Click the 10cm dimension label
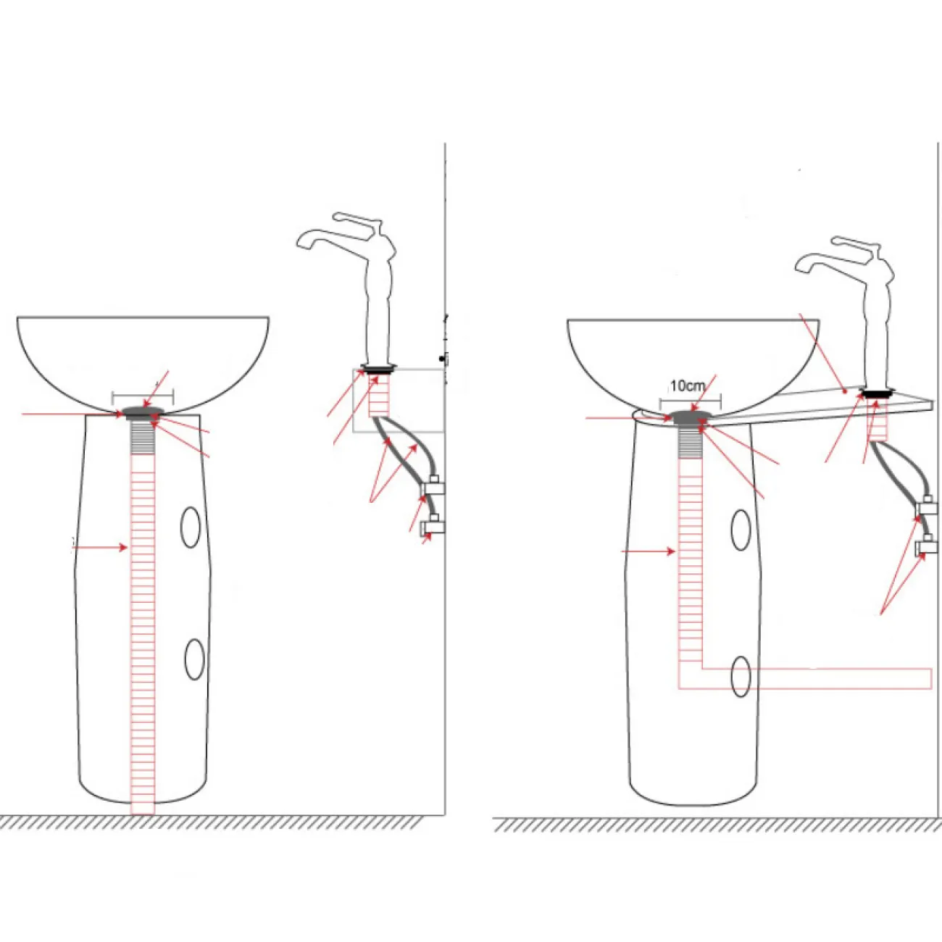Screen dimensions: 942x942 (x=688, y=386)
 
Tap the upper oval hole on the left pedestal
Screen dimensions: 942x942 (x=191, y=528)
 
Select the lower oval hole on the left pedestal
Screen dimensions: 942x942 (x=195, y=659)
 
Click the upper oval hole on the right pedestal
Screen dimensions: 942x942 (x=741, y=530)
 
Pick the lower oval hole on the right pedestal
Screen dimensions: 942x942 (x=741, y=677)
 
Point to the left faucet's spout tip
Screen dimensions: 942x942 (x=301, y=241)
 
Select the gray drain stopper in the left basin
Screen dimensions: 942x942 (x=142, y=413)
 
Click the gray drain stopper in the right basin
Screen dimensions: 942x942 (x=691, y=417)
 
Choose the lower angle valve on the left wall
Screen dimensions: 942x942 (x=433, y=524)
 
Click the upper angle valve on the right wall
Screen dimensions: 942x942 (x=927, y=507)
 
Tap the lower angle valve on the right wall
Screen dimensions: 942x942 (x=927, y=546)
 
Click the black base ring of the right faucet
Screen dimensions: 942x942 (x=878, y=392)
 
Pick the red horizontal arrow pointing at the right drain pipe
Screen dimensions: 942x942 (x=649, y=551)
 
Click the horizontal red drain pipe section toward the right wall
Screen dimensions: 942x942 (x=817, y=678)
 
